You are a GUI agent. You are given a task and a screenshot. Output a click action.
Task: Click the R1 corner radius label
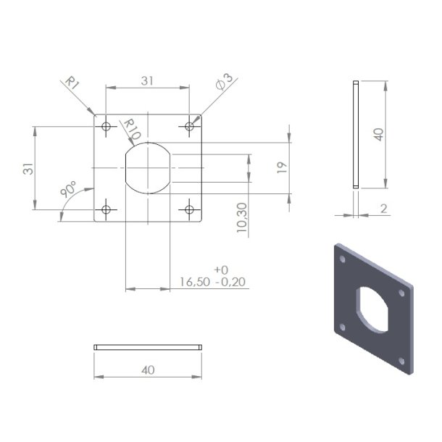pos(71,82)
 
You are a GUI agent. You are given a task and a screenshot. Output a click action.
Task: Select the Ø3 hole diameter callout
pos(224,81)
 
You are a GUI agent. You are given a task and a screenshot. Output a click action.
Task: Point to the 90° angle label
pos(70,191)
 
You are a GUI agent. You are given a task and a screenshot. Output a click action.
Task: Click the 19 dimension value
pos(282,167)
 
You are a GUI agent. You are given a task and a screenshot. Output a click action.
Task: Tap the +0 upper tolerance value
pos(221,269)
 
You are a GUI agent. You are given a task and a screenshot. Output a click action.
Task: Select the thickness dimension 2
pos(384,209)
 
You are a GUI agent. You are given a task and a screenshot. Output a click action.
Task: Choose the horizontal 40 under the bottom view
pos(148,370)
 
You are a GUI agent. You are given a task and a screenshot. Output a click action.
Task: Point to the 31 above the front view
pos(147,81)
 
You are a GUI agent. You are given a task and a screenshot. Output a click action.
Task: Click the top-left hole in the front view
pos(107,127)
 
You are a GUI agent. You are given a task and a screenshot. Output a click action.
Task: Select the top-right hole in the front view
pos(190,127)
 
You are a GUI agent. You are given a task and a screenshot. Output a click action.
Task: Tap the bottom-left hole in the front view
pos(107,210)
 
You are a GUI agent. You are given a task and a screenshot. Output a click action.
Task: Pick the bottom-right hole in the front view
pos(190,210)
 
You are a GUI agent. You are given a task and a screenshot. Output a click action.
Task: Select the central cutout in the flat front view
pos(148,168)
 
